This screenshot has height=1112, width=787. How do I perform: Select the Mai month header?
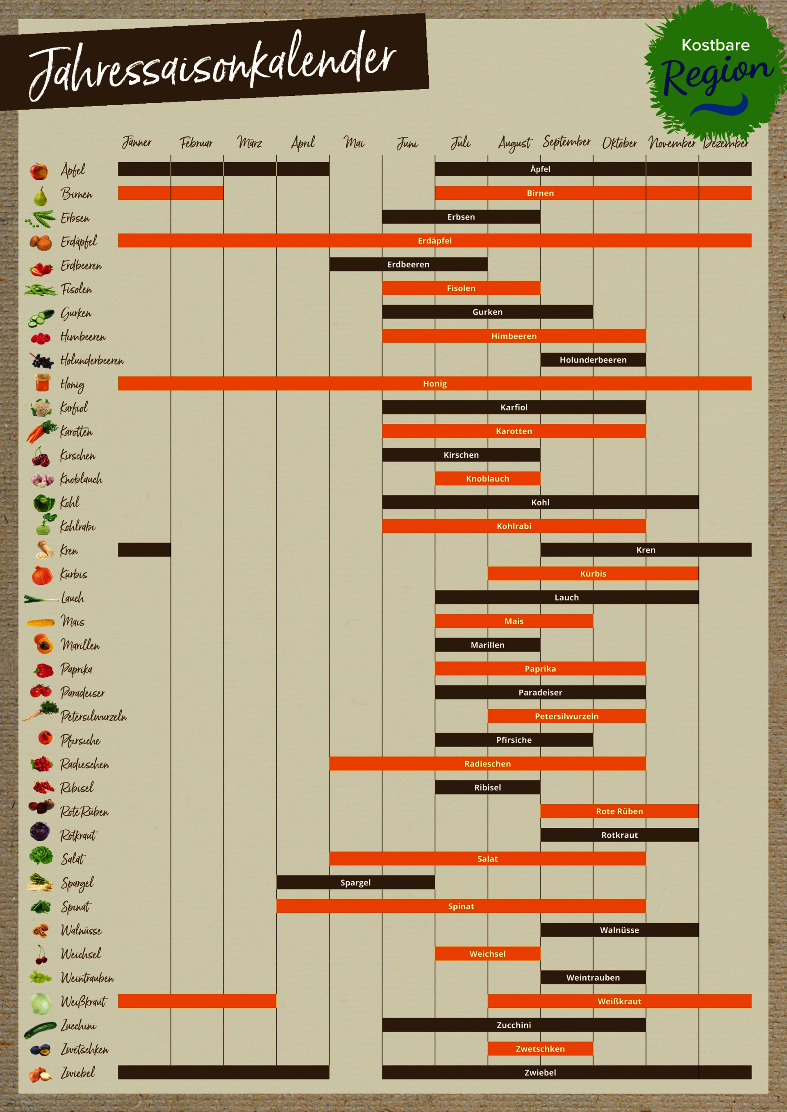(354, 143)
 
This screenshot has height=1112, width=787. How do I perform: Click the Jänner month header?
(136, 143)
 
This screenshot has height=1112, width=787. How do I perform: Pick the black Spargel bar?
(355, 882)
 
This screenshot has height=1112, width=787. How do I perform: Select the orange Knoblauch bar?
(487, 478)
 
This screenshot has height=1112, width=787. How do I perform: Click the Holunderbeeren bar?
(593, 360)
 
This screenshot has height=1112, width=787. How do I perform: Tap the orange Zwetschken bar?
(540, 1049)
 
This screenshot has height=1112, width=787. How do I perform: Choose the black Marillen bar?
(487, 645)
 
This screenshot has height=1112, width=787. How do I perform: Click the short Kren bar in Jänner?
(144, 550)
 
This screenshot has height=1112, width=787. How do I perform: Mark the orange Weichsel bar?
(487, 953)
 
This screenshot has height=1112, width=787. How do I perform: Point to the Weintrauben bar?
(593, 977)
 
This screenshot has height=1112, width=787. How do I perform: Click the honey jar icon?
(42, 383)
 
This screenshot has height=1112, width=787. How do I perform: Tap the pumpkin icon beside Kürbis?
(42, 574)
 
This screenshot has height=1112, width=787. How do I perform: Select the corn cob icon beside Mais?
(41, 623)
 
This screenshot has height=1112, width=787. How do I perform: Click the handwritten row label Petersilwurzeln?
(93, 716)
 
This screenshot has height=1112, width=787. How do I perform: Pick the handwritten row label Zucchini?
(79, 1025)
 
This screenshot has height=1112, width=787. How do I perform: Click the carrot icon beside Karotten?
(40, 432)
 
